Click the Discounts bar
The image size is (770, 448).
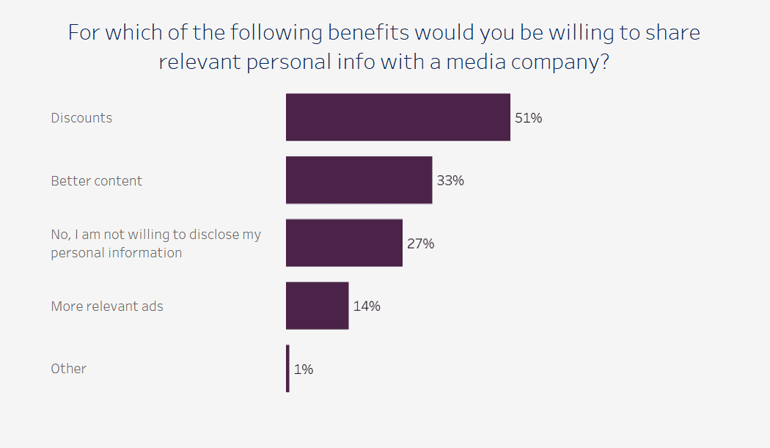pos(397,117)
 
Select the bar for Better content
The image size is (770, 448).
pos(359,180)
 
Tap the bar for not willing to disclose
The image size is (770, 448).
pos(344,243)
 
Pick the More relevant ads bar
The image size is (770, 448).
pos(317,306)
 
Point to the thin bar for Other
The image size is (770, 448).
pos(287,369)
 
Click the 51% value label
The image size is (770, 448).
pos(528,117)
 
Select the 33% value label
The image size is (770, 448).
pos(450,180)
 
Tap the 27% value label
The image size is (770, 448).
pos(420,243)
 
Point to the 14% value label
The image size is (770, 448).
pos(367,306)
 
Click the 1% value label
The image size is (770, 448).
pos(304,370)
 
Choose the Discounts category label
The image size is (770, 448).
pos(81,118)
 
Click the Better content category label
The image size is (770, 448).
pos(97,181)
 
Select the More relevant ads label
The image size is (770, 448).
pos(107,306)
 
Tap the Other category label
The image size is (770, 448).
pos(68,369)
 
